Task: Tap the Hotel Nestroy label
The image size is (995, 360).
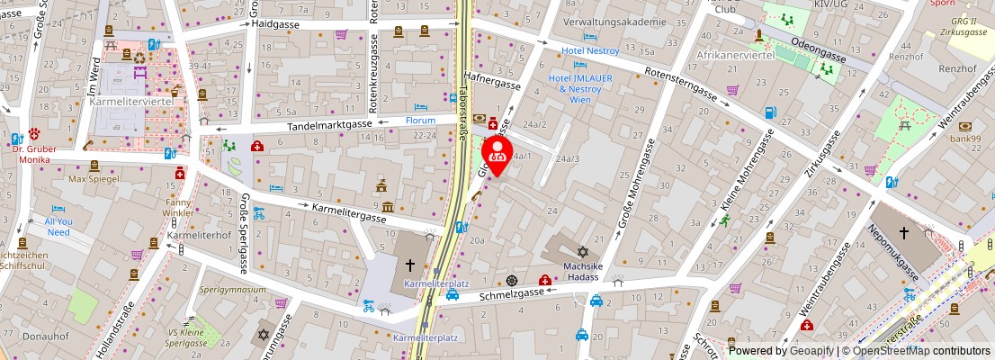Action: (x=590, y=51)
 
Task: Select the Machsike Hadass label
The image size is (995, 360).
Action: (x=582, y=272)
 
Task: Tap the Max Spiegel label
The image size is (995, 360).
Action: (x=94, y=180)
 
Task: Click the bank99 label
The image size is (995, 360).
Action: (x=965, y=139)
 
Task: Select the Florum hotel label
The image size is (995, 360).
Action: (x=420, y=120)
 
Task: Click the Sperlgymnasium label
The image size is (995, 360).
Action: (x=232, y=290)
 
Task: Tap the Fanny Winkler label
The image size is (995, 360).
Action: (x=178, y=208)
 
